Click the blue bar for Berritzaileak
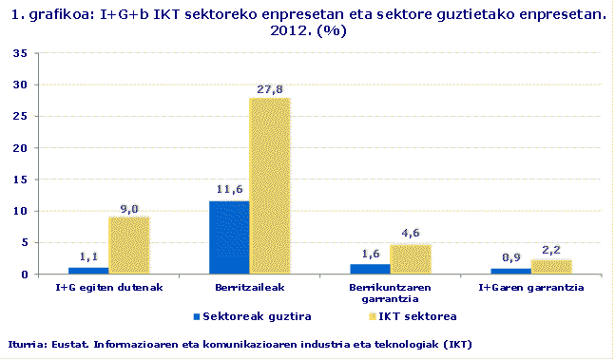tap(229, 237)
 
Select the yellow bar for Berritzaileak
tap(269, 186)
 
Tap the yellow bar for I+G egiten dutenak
tap(128, 246)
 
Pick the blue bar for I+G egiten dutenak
tap(88, 271)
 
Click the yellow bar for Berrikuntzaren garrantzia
tap(410, 259)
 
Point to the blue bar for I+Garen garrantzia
tap(510, 272)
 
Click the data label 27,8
tap(270, 89)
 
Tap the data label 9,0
tap(129, 209)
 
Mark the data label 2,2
tap(551, 251)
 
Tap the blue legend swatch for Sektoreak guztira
tap(196, 314)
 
